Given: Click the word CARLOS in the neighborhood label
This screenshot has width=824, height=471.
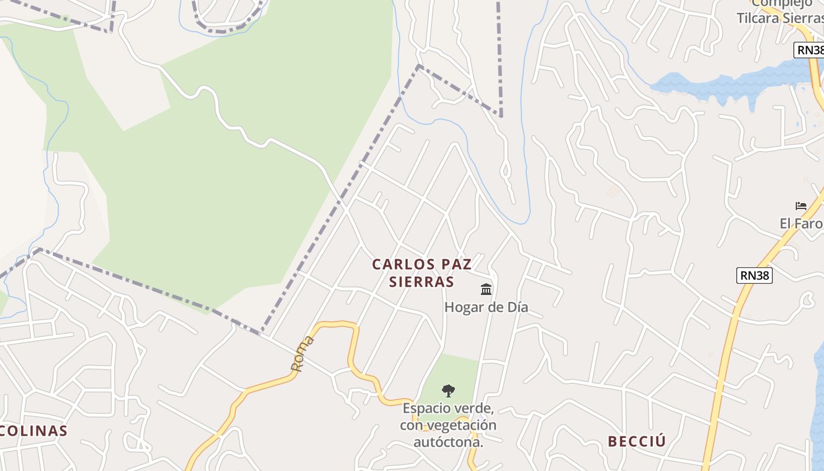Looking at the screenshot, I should click(400, 264).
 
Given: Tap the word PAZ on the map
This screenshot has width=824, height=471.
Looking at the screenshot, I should click(454, 264).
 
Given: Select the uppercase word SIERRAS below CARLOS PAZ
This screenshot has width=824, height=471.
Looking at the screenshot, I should click(422, 282).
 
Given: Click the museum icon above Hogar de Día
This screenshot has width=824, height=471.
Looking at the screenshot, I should click(486, 289).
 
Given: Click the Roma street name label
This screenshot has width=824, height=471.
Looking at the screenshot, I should click(303, 353).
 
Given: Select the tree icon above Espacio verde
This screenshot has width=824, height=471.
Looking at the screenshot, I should click(448, 390).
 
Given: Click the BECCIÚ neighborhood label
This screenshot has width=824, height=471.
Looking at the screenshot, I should click(636, 442).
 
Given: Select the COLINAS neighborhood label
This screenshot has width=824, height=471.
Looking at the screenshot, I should click(33, 431).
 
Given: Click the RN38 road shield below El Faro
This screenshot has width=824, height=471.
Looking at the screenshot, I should click(754, 275).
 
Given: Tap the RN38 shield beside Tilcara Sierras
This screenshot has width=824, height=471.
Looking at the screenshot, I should click(810, 50).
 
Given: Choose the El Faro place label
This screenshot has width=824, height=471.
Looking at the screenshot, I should click(800, 224).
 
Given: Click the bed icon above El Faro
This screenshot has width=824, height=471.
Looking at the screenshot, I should click(801, 206).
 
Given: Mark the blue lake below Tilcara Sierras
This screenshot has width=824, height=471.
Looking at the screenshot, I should click(730, 82).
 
